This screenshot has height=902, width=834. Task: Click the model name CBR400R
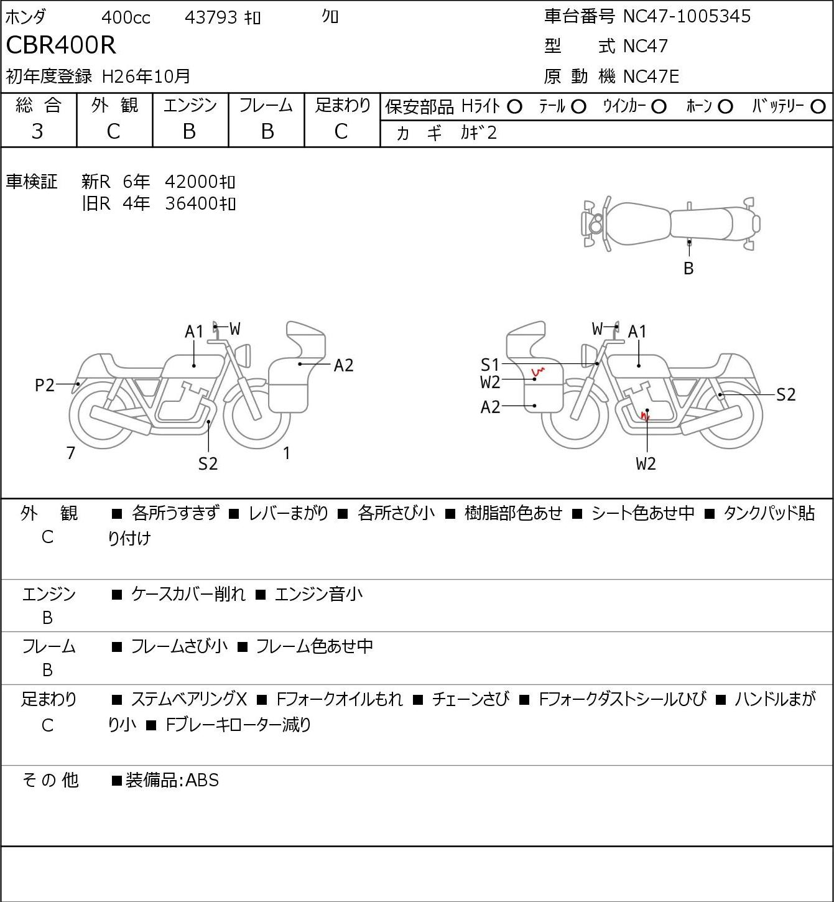click(61, 45)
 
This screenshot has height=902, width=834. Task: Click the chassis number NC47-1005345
click(687, 17)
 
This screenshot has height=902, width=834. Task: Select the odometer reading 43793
click(211, 17)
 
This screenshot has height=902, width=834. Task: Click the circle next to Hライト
click(514, 107)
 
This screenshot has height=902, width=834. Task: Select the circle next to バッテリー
click(818, 107)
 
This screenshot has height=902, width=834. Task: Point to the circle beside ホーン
click(725, 107)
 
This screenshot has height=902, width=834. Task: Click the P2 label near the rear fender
click(45, 386)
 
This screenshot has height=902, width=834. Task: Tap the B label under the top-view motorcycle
click(688, 268)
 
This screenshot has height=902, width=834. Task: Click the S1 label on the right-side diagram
click(489, 365)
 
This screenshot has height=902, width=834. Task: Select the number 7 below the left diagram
click(70, 453)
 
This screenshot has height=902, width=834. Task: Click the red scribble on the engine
click(645, 415)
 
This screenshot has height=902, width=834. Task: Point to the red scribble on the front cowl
click(538, 372)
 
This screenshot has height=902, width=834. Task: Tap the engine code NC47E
click(651, 77)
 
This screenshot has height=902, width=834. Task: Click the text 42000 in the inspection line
click(191, 182)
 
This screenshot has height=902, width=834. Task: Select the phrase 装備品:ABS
click(172, 780)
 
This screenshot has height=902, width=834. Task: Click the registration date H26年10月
click(146, 77)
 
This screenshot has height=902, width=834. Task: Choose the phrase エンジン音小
click(318, 594)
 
